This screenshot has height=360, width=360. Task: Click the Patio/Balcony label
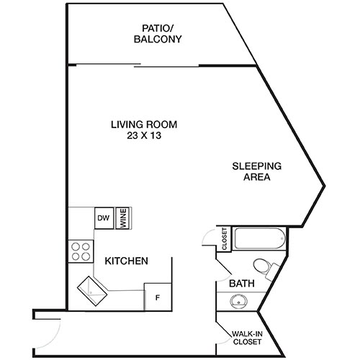tap(156, 34)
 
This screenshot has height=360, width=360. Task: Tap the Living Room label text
tap(144, 124)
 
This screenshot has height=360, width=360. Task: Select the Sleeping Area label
tap(256, 171)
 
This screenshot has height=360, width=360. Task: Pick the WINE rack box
tap(123, 219)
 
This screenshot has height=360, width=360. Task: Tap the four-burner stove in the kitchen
tap(81, 251)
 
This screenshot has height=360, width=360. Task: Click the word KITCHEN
tap(127, 261)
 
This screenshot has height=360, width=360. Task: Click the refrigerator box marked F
tap(157, 297)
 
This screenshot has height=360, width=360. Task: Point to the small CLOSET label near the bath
tap(224, 238)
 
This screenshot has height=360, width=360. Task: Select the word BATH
tap(241, 284)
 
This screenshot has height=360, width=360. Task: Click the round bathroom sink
tap(238, 302)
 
